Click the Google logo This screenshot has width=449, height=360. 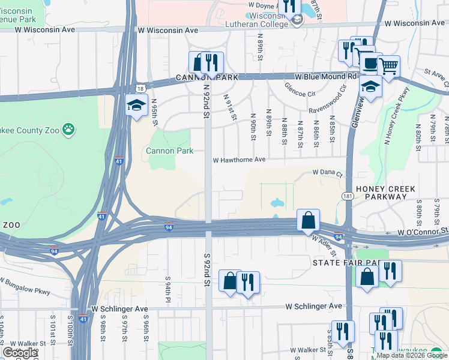click(x=20, y=353)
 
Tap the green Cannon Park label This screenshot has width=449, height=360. click(x=169, y=151)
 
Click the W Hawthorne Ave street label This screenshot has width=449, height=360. click(x=239, y=160)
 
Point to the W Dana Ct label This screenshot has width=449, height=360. click(x=327, y=173)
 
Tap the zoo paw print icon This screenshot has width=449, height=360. click(x=70, y=128)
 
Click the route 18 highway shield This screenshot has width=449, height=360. click(x=139, y=88)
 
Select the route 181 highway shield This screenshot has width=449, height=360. click(x=348, y=196)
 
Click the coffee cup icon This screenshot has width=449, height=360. click(x=369, y=62)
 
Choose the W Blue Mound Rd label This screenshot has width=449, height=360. click(x=325, y=77)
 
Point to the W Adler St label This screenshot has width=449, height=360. click(x=322, y=244)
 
